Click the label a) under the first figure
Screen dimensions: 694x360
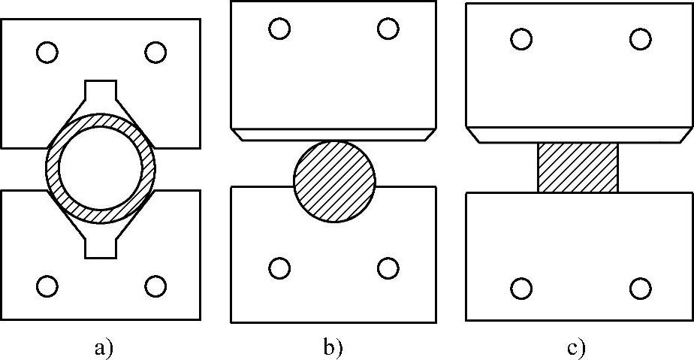coord(103,347)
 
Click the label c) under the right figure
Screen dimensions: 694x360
coord(576,348)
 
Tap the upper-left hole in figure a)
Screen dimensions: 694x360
coord(47,53)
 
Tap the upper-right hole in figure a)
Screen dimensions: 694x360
coord(155,53)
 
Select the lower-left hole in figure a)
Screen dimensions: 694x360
coord(47,286)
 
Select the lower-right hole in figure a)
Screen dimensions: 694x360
coord(155,286)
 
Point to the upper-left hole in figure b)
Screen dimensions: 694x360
coord(279,29)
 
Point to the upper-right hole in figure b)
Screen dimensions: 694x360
coord(388,29)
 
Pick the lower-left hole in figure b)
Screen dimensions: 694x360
coord(279,268)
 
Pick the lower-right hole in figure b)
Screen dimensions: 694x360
coord(388,268)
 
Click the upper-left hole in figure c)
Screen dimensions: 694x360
coord(521,39)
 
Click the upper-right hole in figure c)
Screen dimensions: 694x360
coord(640,39)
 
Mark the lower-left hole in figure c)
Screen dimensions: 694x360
coord(521,288)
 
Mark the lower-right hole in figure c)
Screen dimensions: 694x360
coord(640,288)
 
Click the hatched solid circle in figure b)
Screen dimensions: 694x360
coord(334,181)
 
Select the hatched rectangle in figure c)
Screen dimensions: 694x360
coord(578,167)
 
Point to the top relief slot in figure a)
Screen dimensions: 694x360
coord(101,92)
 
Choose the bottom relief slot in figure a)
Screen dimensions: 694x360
coord(101,246)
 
